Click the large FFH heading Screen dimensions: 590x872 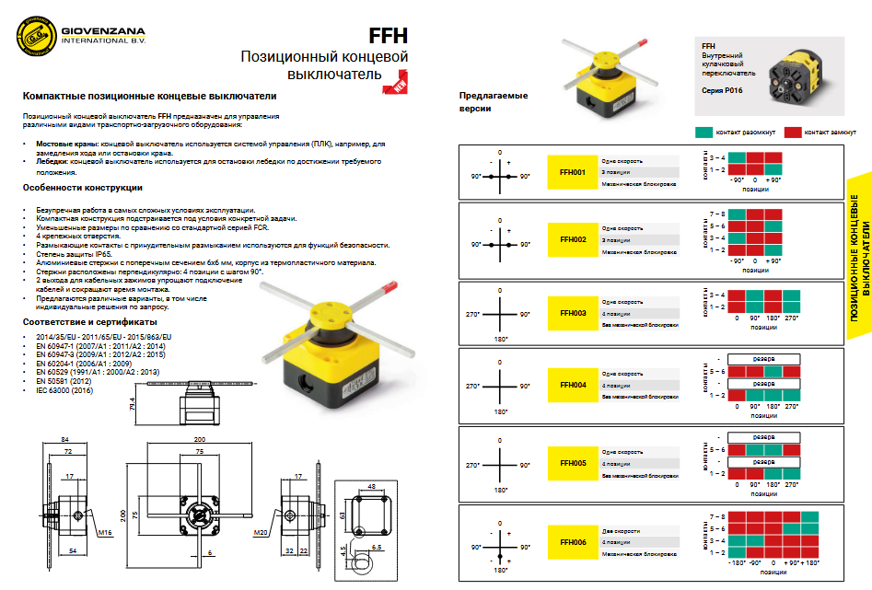pyautogui.click(x=388, y=36)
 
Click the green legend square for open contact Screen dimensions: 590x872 pyautogui.click(x=705, y=133)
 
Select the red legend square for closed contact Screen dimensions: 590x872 pyautogui.click(x=794, y=133)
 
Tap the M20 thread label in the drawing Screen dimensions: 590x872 pyautogui.click(x=261, y=532)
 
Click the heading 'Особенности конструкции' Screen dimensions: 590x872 pyautogui.click(x=82, y=188)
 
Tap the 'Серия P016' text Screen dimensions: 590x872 pyautogui.click(x=720, y=90)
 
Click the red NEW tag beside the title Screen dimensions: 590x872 pyautogui.click(x=398, y=87)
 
